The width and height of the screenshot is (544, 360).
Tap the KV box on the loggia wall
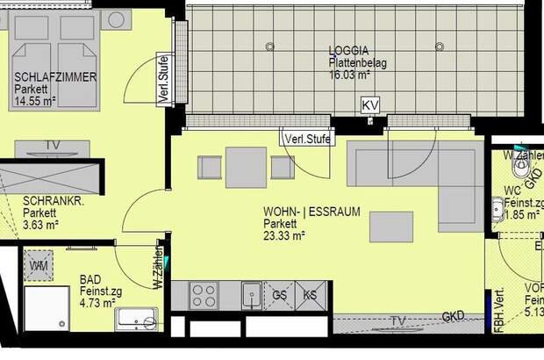(x=371, y=105)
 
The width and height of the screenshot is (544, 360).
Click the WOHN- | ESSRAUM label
(x=311, y=211)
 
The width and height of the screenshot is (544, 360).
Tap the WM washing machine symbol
(x=39, y=264)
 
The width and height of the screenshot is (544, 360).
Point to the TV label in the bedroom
(x=53, y=145)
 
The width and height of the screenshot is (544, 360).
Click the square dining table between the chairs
(x=246, y=167)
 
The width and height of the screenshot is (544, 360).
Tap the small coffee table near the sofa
(x=392, y=227)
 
